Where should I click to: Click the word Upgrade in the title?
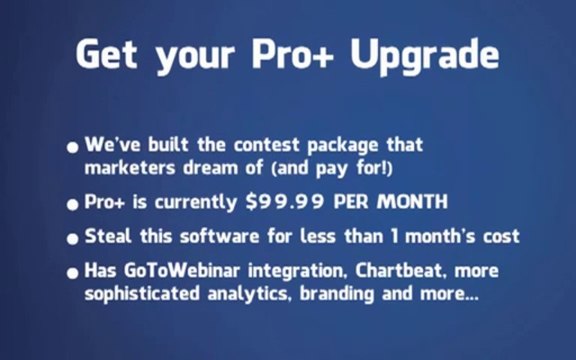click(x=425, y=57)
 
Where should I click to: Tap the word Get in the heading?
click(x=107, y=54)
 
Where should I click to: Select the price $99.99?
click(x=285, y=201)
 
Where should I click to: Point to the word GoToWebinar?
click(x=181, y=271)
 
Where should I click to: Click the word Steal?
click(x=108, y=236)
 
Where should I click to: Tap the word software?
click(x=220, y=236)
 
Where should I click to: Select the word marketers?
click(x=130, y=168)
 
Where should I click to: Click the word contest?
click(x=267, y=145)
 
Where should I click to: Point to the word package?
click(x=343, y=146)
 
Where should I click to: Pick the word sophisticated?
click(x=142, y=295)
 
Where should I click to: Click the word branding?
click(x=337, y=295)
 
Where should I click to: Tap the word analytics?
click(x=250, y=294)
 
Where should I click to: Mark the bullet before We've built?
click(x=73, y=148)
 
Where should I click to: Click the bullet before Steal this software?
click(x=73, y=239)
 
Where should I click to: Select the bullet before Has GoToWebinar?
click(x=73, y=273)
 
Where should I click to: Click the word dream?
click(x=210, y=168)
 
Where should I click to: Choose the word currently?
click(x=195, y=202)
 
